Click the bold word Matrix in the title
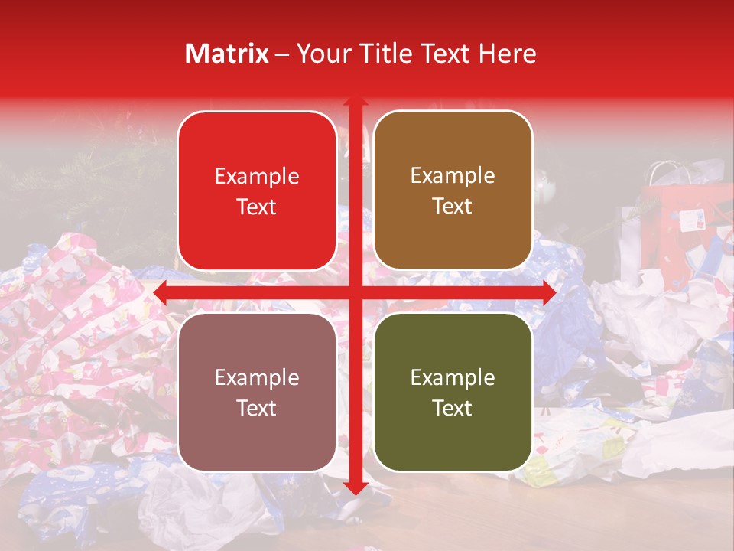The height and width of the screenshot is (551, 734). (227, 54)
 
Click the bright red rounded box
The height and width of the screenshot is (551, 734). (257, 191)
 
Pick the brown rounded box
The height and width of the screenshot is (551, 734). (453, 191)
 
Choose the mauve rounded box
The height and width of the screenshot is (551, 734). (257, 392)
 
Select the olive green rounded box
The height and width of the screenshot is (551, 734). (453, 392)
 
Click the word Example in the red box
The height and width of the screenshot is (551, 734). (257, 176)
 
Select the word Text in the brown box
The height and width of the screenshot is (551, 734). (453, 207)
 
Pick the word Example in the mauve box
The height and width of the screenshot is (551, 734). (257, 377)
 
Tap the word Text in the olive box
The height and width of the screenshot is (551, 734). (453, 408)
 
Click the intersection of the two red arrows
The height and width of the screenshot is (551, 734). (355, 292)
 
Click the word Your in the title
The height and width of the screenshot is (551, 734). (321, 54)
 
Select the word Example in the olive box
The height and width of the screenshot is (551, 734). (453, 377)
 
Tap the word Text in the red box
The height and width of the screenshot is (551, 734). (257, 207)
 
